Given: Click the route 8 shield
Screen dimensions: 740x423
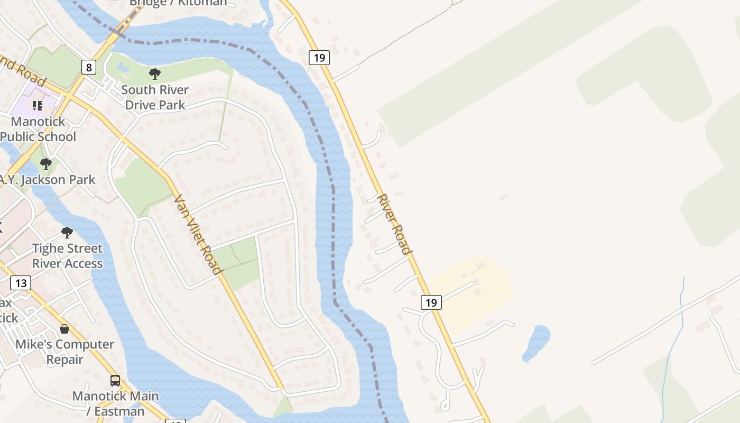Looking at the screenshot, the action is pyautogui.click(x=89, y=67).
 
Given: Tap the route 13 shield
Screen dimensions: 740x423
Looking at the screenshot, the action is pyautogui.click(x=21, y=283).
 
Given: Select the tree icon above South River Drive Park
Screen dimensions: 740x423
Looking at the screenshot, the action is pyautogui.click(x=155, y=74).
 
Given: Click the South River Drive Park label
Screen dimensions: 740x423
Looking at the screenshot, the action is pyautogui.click(x=155, y=97).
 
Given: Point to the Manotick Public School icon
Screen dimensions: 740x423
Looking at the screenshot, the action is pyautogui.click(x=38, y=106).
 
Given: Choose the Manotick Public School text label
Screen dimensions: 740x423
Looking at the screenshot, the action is pyautogui.click(x=38, y=129).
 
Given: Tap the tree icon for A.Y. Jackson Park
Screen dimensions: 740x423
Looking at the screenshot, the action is pyautogui.click(x=46, y=164).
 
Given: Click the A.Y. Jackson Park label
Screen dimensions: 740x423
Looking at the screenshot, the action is pyautogui.click(x=48, y=180).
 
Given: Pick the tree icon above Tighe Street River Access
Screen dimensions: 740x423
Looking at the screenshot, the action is pyautogui.click(x=67, y=233).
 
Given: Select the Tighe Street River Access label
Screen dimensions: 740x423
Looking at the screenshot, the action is pyautogui.click(x=67, y=256).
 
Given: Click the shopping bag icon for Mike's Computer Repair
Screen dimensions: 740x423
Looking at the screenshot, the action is pyautogui.click(x=64, y=329).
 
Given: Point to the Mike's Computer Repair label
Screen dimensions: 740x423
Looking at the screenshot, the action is pyautogui.click(x=64, y=352).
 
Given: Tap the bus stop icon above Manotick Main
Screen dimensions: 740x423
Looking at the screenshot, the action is pyautogui.click(x=115, y=380).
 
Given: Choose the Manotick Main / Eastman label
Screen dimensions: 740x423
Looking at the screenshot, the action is pyautogui.click(x=115, y=403).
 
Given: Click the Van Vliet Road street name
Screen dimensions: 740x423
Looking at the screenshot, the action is pyautogui.click(x=198, y=234).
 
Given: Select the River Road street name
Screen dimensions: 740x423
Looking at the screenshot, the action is pyautogui.click(x=394, y=224).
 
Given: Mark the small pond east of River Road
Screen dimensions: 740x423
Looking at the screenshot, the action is pyautogui.click(x=536, y=343).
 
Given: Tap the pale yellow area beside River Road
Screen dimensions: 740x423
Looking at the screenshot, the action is pyautogui.click(x=476, y=288).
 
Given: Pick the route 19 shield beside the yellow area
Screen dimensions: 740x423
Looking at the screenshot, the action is pyautogui.click(x=431, y=302).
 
